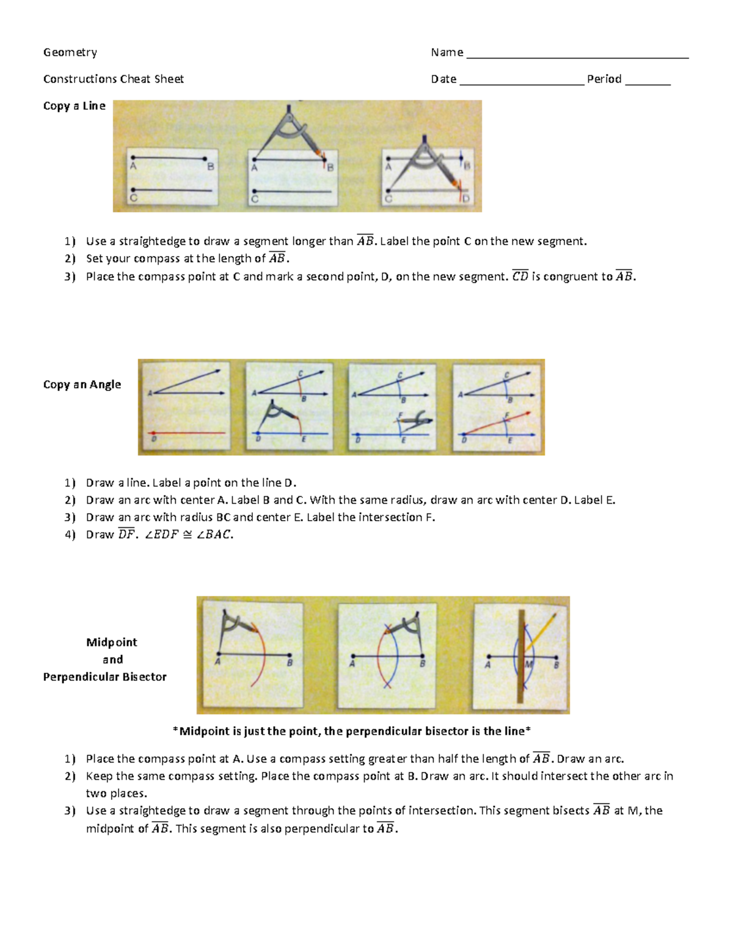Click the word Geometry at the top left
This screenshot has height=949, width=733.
[70, 53]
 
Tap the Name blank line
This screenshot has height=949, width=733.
[577, 56]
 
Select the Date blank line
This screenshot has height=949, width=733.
[522, 83]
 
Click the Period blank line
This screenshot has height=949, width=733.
[647, 83]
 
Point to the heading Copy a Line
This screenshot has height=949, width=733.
[74, 106]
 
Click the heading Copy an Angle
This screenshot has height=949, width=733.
[82, 384]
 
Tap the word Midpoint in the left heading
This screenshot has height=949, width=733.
[112, 642]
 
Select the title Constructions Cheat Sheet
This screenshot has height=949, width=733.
[113, 79]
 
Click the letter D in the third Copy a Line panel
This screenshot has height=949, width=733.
[466, 199]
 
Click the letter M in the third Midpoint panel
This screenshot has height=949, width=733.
[529, 664]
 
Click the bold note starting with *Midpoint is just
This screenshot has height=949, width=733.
[352, 731]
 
